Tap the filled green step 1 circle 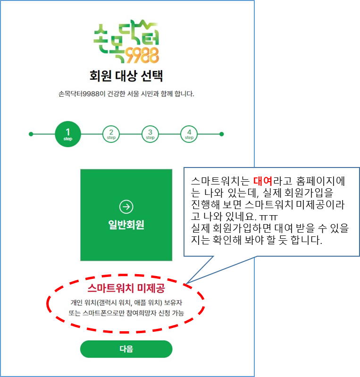click(x=68, y=134)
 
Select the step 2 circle click(x=111, y=134)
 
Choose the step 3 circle click(x=150, y=134)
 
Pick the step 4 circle click(x=189, y=134)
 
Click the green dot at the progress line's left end click(x=31, y=134)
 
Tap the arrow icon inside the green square click(x=126, y=206)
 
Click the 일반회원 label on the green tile click(x=126, y=225)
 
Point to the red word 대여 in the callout click(x=263, y=181)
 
